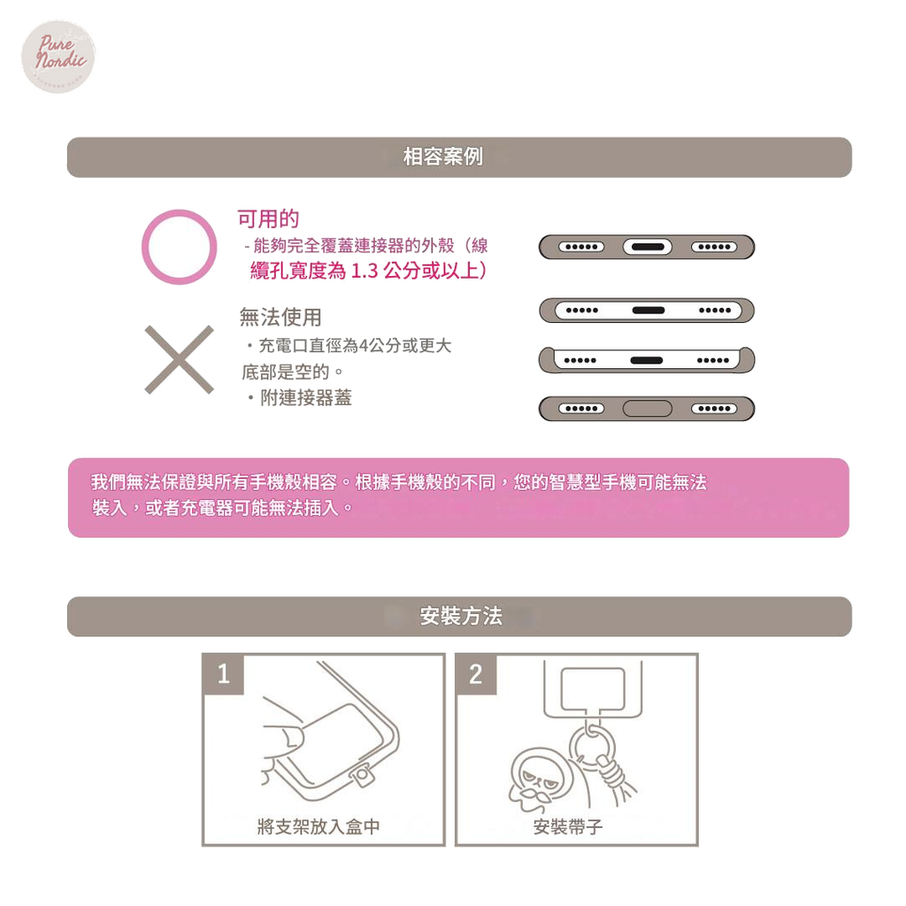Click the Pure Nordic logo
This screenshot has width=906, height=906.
(x=58, y=56)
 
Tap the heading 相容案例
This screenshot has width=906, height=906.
(x=442, y=157)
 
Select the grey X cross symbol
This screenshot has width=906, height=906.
(x=179, y=359)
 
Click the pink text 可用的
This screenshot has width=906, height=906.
(x=268, y=219)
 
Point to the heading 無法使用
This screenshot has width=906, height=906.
(x=280, y=318)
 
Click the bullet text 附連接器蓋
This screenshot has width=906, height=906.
(x=305, y=397)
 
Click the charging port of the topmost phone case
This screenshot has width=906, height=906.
(x=647, y=248)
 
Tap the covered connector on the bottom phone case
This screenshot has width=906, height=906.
(x=647, y=409)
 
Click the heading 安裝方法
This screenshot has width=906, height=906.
(x=460, y=616)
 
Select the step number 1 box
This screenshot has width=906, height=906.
(x=224, y=674)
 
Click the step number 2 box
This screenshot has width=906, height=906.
(x=476, y=674)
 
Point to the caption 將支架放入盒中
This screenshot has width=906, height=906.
(x=319, y=827)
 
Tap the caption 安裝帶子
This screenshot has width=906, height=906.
(x=568, y=827)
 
